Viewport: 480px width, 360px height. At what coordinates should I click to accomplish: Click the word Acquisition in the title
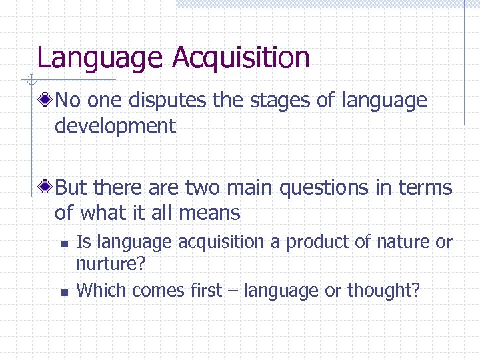[x=241, y=58]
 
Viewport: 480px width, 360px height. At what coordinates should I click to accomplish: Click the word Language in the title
[x=101, y=58]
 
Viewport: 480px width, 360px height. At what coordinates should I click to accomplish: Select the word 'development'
[x=115, y=126]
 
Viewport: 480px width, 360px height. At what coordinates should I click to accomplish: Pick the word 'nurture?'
[x=111, y=265]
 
